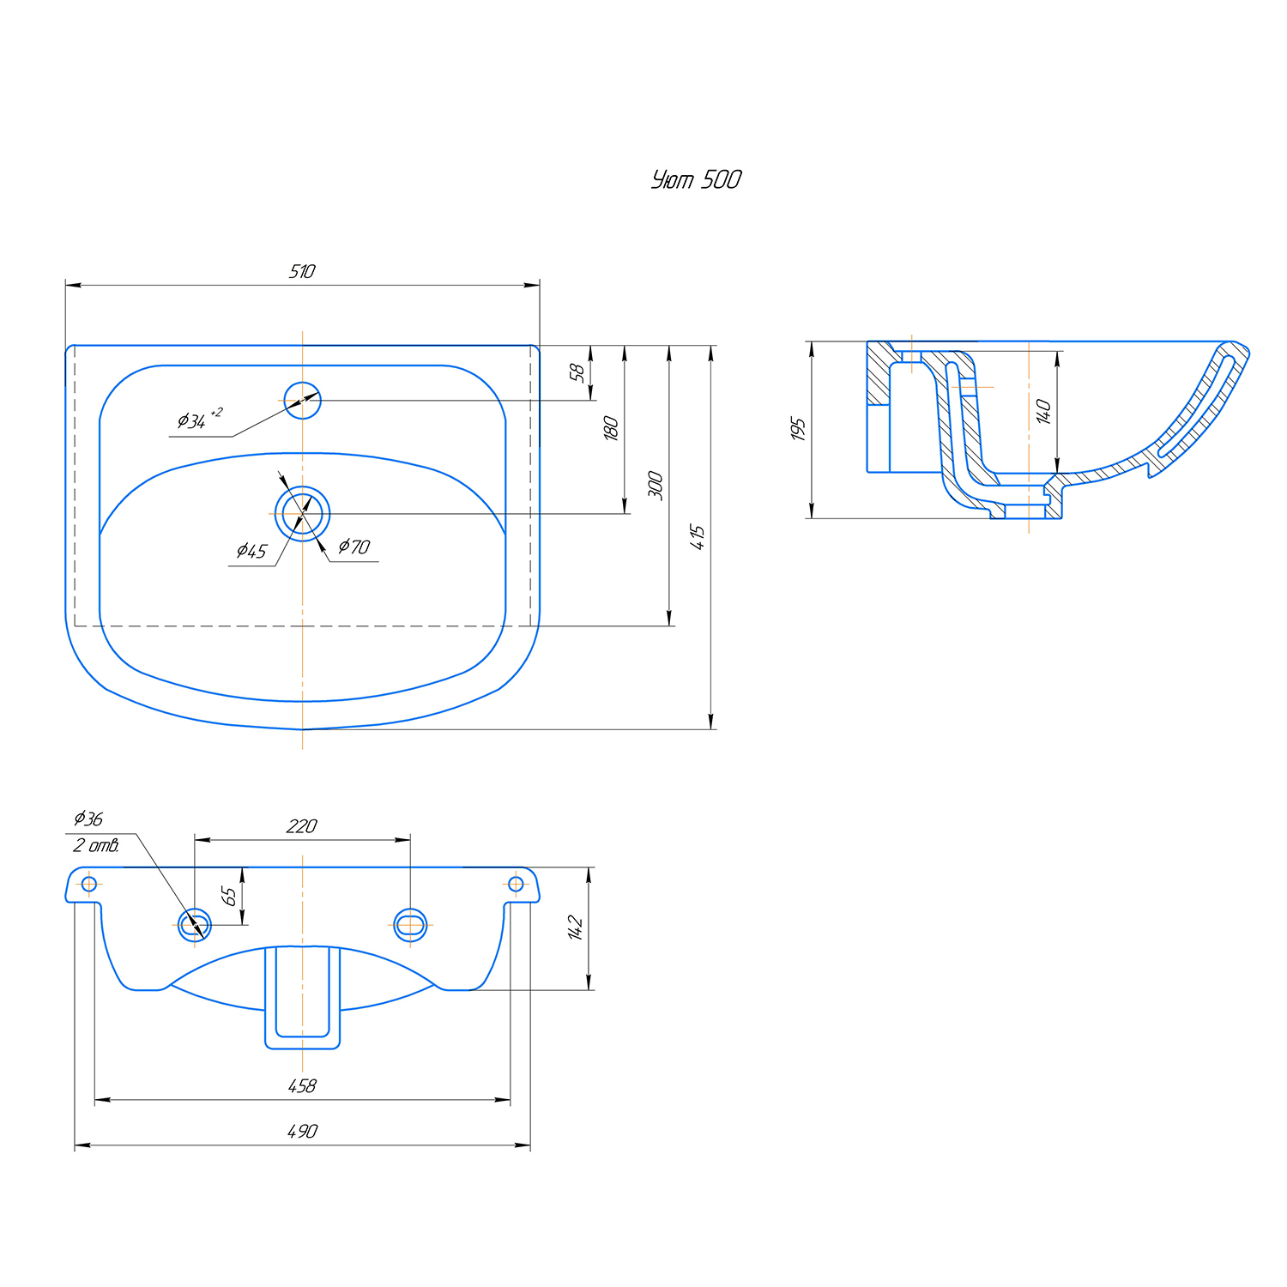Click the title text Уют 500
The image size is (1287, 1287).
click(696, 179)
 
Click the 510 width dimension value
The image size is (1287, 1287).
click(302, 271)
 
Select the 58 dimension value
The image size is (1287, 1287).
click(577, 372)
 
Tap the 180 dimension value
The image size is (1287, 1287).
click(611, 428)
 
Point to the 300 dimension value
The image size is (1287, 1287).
click(656, 485)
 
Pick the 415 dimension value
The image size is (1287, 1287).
click(697, 537)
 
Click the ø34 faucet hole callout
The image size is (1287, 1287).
click(199, 419)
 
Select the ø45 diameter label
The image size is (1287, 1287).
click(251, 551)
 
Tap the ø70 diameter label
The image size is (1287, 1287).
click(353, 547)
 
